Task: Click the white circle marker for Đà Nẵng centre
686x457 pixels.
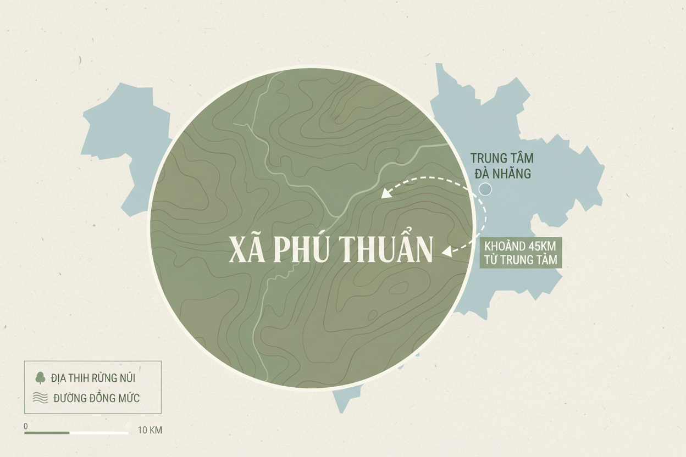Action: coord(485,190)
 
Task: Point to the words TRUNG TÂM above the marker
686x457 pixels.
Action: coord(502,158)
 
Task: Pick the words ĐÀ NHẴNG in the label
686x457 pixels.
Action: coord(502,174)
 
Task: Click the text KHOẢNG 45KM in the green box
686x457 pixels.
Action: coord(521,246)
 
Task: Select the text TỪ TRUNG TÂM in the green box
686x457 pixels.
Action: coord(521,259)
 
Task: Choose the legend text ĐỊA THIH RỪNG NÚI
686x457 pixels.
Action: coord(93,378)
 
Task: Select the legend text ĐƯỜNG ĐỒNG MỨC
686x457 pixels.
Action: coord(96,398)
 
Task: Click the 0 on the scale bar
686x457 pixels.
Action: coord(26,426)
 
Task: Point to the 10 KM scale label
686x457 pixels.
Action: coord(150,430)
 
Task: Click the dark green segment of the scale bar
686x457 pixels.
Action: coord(47,433)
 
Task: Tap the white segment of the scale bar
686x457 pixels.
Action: coord(99,433)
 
